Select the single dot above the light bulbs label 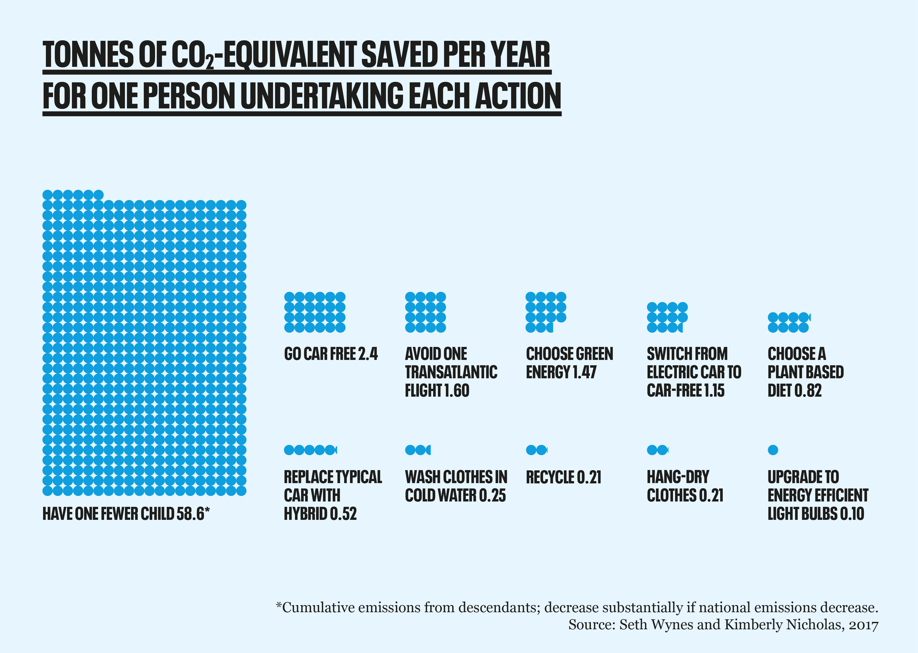[773, 450]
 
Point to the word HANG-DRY [678, 477]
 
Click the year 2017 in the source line [863, 625]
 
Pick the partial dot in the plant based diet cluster [809, 318]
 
